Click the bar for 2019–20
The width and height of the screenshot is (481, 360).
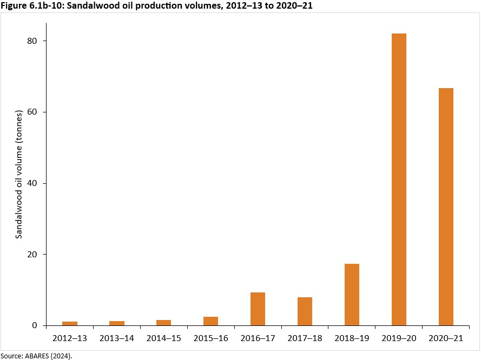coord(399,179)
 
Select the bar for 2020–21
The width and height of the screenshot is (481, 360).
coord(446,206)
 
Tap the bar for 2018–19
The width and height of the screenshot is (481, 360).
coord(352,295)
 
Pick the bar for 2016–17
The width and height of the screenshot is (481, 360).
coord(258,309)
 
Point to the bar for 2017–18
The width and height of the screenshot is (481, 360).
coord(305,311)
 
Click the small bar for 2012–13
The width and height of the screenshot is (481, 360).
coord(70,323)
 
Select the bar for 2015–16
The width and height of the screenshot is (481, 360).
coord(210,321)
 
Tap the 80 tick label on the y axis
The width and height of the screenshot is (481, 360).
coord(34,41)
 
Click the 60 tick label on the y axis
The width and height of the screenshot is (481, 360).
coord(34,112)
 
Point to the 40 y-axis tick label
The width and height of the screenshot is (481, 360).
coord(34,183)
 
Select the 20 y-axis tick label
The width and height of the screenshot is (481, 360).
coord(34,255)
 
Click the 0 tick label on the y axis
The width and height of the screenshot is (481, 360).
coord(36,325)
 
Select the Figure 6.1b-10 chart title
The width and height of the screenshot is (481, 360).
coord(156,6)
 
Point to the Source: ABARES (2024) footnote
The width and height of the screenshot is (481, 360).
coord(36,355)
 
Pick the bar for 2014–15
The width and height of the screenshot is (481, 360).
coord(163,323)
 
